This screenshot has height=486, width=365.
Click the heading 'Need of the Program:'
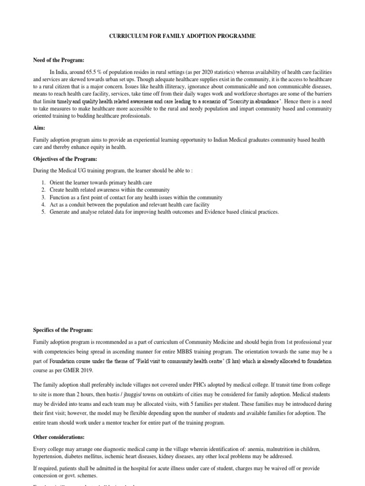(58, 60)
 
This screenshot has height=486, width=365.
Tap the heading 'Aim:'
(39, 128)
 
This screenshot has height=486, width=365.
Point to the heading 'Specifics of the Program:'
(63, 329)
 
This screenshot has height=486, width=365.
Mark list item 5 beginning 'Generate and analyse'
(164, 212)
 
